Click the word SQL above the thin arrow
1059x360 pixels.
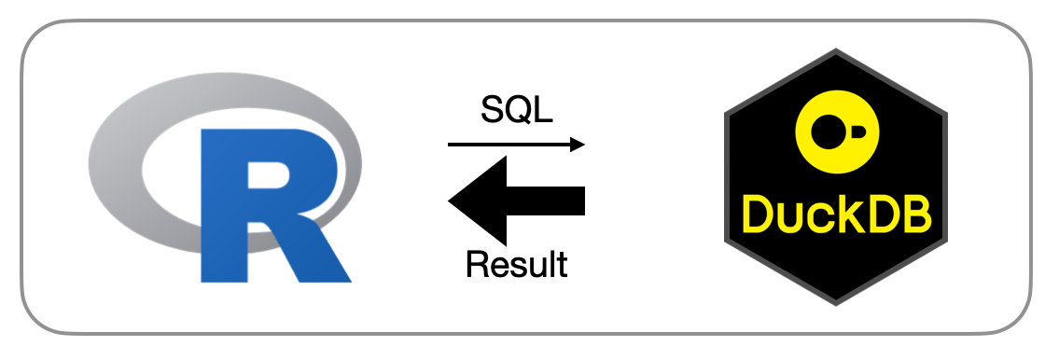pos(517,109)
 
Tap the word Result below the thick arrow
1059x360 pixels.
pos(517,264)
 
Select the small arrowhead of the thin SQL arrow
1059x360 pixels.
pos(578,145)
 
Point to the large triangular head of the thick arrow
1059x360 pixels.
pos(478,201)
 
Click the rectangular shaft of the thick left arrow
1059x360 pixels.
pos(546,201)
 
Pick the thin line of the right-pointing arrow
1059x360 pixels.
pos(509,145)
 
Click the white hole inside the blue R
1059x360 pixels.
pos(268,175)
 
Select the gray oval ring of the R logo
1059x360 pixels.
pos(115,162)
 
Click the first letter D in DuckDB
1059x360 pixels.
pos(758,214)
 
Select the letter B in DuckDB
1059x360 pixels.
pos(916,214)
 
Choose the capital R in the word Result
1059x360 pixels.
pos(478,264)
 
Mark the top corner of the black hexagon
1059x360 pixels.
pos(836,49)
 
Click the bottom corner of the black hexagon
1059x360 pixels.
pos(836,305)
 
